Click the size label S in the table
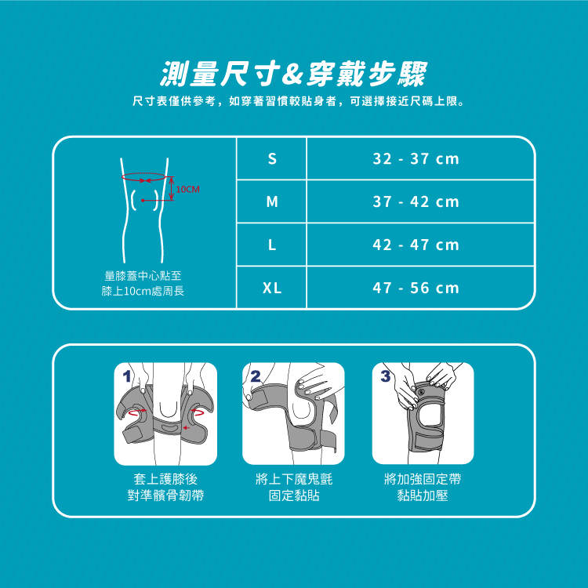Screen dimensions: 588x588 pos(272,159)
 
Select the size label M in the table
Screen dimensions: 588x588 pos(272,202)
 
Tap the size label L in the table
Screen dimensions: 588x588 pos(272,245)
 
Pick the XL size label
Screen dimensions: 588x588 pos(272,289)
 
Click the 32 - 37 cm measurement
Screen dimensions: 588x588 pos(416,159)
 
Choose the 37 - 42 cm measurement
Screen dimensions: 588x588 pos(416,202)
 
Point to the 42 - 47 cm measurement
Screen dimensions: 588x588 pos(416,245)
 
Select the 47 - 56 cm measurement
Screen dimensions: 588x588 pos(416,289)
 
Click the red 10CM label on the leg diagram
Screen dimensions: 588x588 pos(187,190)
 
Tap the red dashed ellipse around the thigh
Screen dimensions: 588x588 pos(143,173)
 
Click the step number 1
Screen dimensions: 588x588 pos(127,376)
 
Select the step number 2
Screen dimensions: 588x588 pos(256,376)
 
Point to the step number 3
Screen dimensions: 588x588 pos(386,376)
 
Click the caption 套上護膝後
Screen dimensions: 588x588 pos(165,479)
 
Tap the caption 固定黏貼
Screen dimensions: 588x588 pos(294,495)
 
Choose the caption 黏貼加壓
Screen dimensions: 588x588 pos(423,495)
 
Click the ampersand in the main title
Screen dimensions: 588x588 pos(292,74)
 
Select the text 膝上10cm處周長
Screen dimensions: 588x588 pos(143,292)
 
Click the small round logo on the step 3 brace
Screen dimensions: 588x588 pos(421,392)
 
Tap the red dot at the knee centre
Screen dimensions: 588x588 pos(143,201)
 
